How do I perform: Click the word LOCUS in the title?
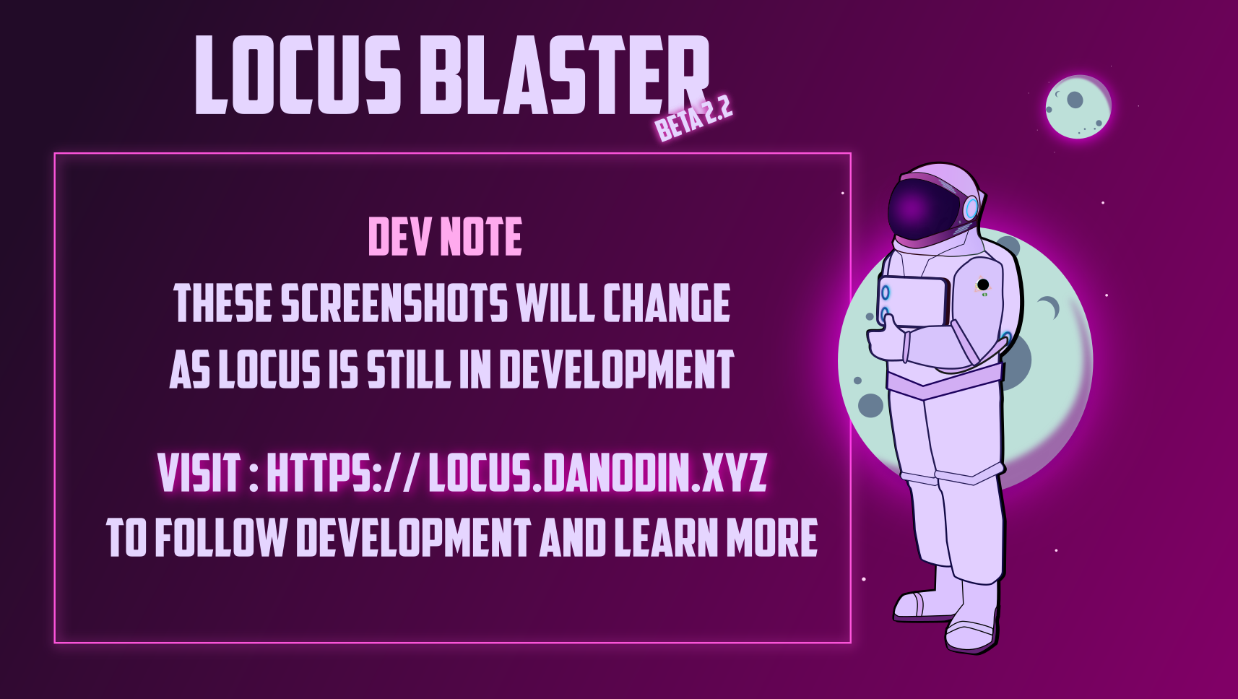click(x=298, y=76)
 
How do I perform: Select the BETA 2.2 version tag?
click(x=693, y=120)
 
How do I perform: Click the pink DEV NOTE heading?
click(x=445, y=237)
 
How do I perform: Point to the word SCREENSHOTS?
click(x=394, y=303)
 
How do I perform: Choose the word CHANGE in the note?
click(x=666, y=303)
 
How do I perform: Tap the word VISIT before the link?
click(x=199, y=473)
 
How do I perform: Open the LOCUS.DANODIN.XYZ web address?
click(x=597, y=473)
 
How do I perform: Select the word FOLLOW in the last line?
click(x=220, y=538)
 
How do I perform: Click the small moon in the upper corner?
click(x=1078, y=107)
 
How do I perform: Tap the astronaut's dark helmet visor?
click(x=921, y=208)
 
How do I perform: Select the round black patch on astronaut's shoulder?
click(x=983, y=285)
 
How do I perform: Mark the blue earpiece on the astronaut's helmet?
click(x=971, y=209)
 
